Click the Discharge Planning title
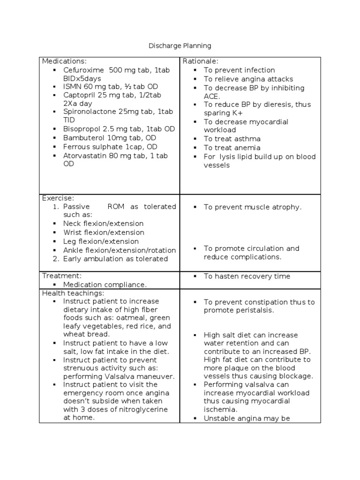(x=180, y=45)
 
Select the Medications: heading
(x=64, y=61)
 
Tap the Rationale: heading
(x=201, y=61)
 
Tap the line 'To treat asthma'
(x=232, y=139)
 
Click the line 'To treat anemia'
(x=232, y=148)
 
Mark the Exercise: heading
(x=58, y=198)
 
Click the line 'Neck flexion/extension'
(x=103, y=224)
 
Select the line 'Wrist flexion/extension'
(x=104, y=232)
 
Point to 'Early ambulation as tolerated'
(x=115, y=259)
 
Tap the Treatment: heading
(x=62, y=276)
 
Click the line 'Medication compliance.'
(x=105, y=285)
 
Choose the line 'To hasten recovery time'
(x=247, y=277)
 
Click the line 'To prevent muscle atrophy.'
(x=253, y=207)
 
